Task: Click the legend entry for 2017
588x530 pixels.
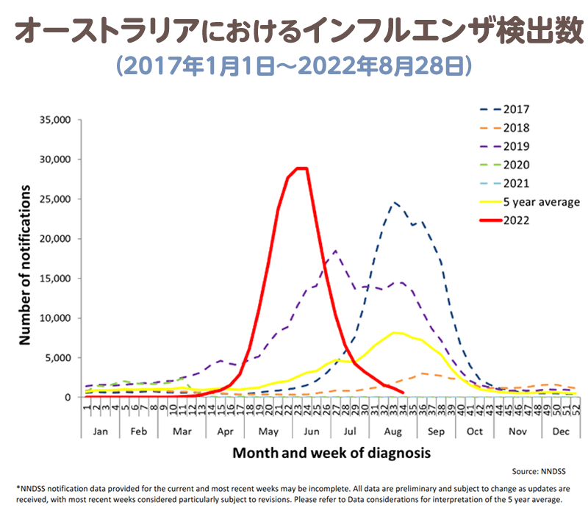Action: tap(517, 109)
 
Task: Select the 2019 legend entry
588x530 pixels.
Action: tap(517, 146)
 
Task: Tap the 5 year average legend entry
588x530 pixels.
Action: tap(542, 201)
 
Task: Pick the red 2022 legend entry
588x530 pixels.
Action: tap(517, 220)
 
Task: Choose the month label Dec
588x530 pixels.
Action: tap(561, 430)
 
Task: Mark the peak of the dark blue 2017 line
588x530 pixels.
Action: tap(395, 202)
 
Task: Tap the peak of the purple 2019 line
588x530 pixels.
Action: tap(335, 251)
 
